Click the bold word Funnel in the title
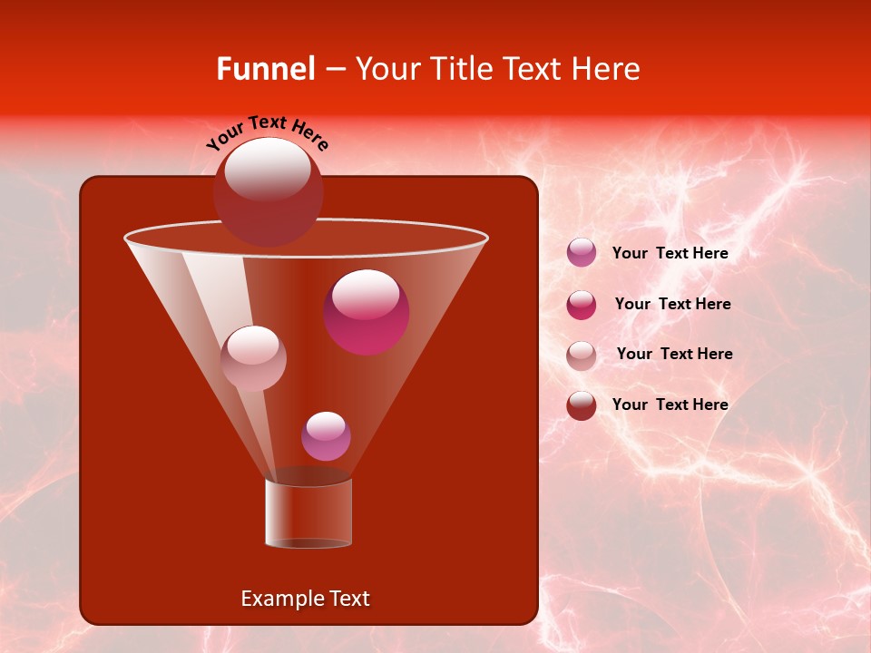pos(265,69)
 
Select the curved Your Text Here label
pos(268,132)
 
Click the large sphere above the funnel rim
pos(268,192)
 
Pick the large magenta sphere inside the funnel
pos(367,313)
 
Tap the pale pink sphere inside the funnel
pos(253,358)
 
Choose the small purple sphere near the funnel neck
pos(326,436)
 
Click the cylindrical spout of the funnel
pos(308,512)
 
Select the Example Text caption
pos(305,599)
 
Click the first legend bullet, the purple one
pos(582,253)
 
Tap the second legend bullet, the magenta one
pos(582,305)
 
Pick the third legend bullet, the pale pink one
pos(582,355)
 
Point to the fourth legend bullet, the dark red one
pos(582,405)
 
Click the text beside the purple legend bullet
pos(670,254)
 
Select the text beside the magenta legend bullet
pos(672,304)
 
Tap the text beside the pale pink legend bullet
pos(674,354)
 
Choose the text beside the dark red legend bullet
pos(670,404)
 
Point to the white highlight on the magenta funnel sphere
pos(365,294)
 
